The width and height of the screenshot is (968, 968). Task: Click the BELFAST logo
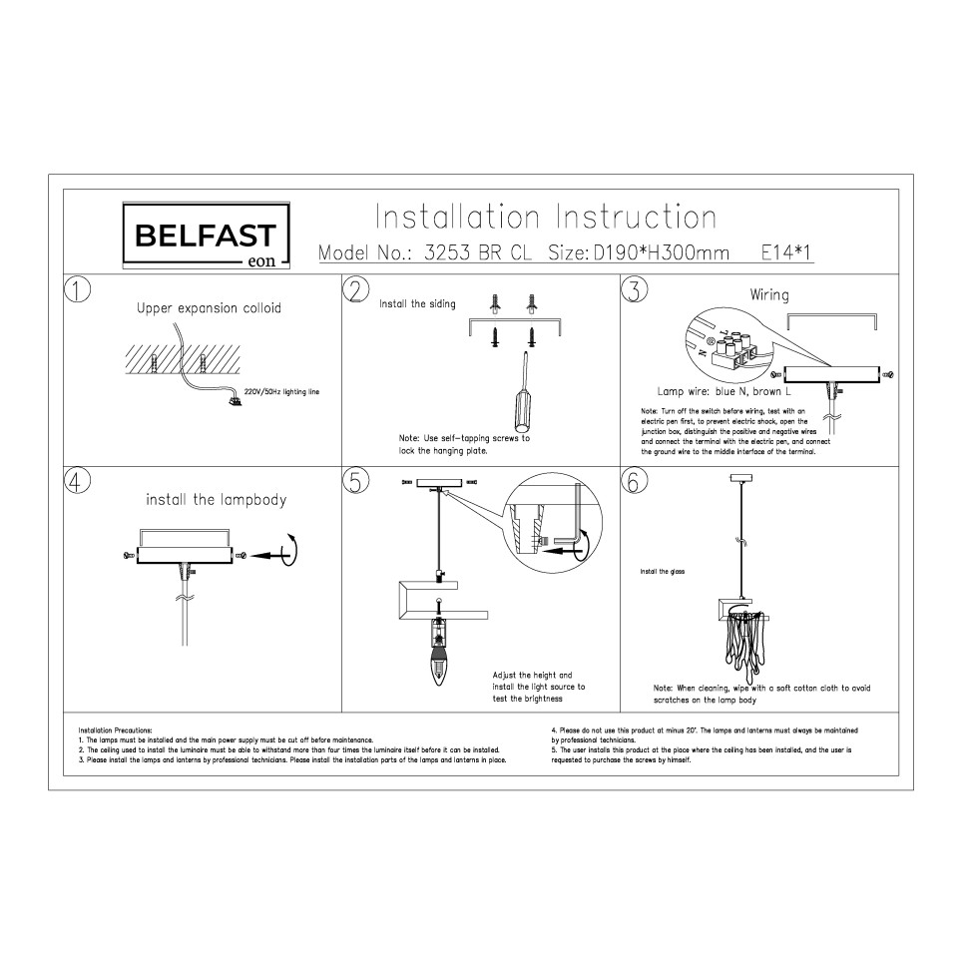206,237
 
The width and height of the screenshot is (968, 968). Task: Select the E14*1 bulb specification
786,253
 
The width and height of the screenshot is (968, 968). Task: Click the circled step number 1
77,289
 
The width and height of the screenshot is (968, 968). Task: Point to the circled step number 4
77,480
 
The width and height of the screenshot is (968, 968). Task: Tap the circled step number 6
634,480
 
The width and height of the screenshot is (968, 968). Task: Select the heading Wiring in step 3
769,295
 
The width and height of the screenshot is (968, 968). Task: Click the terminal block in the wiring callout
738,352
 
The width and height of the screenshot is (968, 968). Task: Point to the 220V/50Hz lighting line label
281,393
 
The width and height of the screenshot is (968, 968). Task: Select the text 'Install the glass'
662,573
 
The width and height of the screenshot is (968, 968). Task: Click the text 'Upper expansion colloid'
209,308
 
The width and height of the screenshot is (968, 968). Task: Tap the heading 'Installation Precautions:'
115,731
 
